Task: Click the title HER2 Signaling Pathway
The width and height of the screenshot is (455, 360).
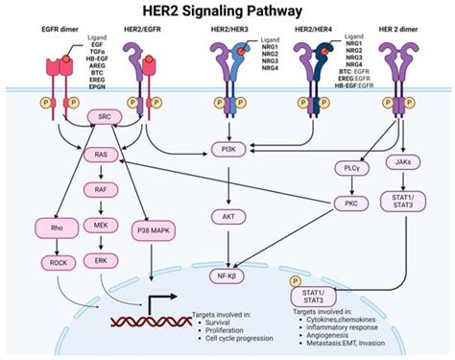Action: (227, 12)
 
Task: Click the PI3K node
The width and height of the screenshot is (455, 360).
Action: (231, 149)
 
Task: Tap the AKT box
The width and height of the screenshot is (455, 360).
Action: (231, 217)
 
